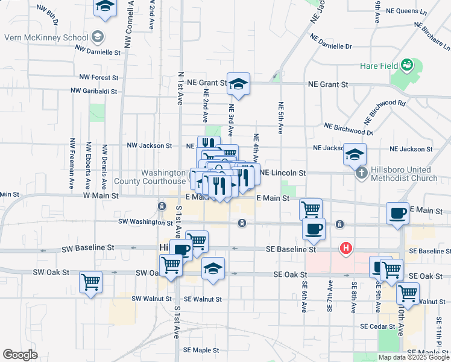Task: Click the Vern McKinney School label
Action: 46,37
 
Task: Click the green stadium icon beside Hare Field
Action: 407,63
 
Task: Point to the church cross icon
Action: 361,173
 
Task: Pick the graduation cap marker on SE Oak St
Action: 212,269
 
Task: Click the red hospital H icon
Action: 346,247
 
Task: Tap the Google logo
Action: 20,355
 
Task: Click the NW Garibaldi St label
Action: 95,91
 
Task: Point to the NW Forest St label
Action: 99,77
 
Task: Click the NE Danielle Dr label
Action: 332,42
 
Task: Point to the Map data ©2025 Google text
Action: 413,357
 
